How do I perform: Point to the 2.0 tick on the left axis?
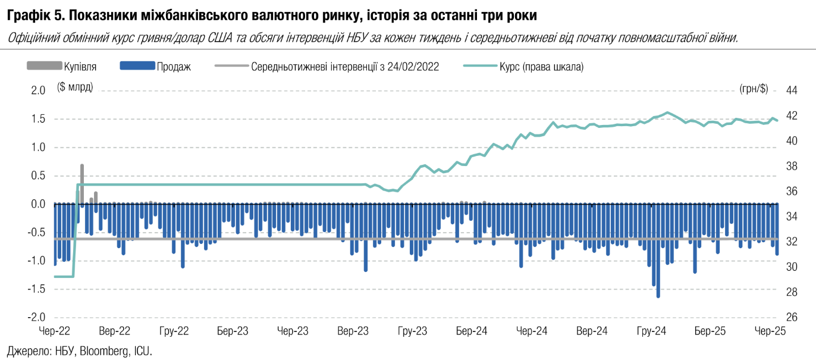click(38, 90)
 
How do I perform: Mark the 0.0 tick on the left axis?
click(38, 204)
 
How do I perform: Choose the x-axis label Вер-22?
click(115, 331)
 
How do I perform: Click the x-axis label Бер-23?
click(233, 331)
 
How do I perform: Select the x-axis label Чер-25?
click(770, 331)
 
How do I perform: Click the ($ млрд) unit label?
click(74, 87)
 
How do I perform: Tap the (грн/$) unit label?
click(754, 89)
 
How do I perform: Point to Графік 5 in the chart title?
click(30, 12)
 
